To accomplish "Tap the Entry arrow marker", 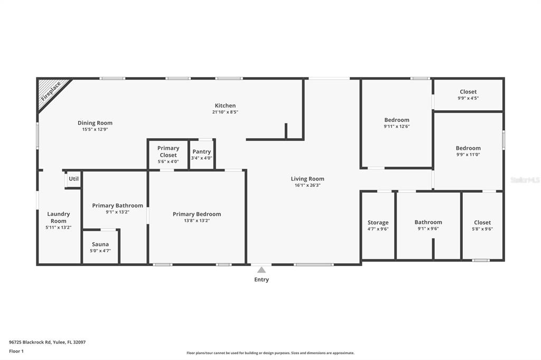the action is (262, 270).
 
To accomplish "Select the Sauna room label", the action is (100, 244).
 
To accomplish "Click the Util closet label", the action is (73, 178).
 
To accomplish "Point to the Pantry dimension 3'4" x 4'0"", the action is (201, 158).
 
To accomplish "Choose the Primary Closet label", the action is (169, 151).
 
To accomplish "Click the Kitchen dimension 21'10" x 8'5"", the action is (225, 112).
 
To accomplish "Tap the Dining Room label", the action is (95, 123).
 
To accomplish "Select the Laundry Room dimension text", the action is (59, 227).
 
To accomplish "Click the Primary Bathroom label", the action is (118, 205).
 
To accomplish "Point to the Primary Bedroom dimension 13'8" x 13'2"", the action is (197, 220).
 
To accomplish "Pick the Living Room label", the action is (307, 178).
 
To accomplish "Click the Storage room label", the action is (378, 222).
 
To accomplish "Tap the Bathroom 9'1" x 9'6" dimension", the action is (428, 228).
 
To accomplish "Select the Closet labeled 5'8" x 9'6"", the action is (482, 222).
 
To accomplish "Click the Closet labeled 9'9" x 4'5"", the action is (468, 92).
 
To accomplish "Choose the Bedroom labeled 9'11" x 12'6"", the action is (397, 120).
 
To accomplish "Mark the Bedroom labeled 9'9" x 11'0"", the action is (468, 148).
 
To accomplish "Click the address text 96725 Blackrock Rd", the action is (30, 342).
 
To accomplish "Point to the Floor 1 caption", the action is (16, 351).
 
